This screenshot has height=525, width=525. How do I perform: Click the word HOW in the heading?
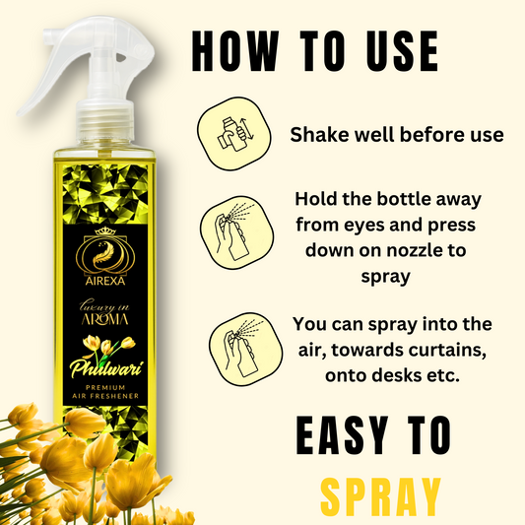(x=235, y=50)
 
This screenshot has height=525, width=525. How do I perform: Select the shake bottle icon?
(x=234, y=134)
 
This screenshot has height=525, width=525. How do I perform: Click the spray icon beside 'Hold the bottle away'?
(x=236, y=232)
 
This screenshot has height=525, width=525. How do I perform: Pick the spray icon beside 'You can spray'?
(x=246, y=349)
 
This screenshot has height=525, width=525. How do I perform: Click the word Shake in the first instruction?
(x=320, y=135)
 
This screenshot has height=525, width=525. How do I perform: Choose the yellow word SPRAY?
(x=380, y=498)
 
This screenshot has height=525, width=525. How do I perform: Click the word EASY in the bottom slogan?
(x=342, y=435)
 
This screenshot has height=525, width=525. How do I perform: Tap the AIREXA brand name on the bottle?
(x=105, y=281)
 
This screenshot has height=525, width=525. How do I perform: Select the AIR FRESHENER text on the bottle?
(x=105, y=396)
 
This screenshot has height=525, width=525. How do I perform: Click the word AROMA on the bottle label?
(x=104, y=319)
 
